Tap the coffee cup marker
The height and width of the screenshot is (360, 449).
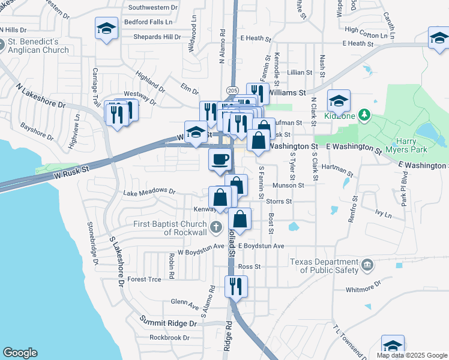[x=219, y=160]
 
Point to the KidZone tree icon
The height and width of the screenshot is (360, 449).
[x=363, y=114]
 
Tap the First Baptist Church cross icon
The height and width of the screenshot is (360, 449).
[x=217, y=226]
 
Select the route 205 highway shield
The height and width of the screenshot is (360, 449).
[x=232, y=90]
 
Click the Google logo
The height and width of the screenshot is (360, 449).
[x=20, y=353]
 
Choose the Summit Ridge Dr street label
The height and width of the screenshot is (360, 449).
[x=168, y=323]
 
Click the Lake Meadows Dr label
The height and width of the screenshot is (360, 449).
[x=149, y=193]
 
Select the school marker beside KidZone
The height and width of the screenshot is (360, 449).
[x=339, y=100]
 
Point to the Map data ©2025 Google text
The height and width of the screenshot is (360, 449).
[x=411, y=355]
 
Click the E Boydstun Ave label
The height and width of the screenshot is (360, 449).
[x=261, y=246]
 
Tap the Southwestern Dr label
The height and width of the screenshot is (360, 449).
[x=154, y=8]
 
